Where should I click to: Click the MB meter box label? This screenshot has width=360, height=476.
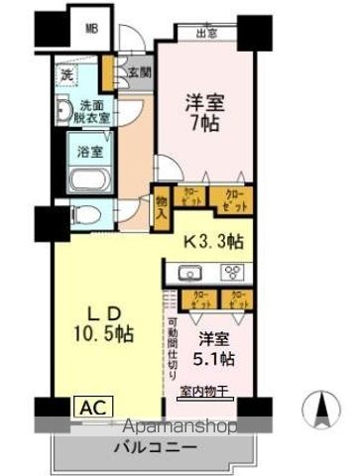[x=91, y=29]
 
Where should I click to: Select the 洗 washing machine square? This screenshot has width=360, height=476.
[x=67, y=75]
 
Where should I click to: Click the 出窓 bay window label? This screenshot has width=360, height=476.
[x=207, y=33]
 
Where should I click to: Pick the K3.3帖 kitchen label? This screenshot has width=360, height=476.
[x=213, y=241]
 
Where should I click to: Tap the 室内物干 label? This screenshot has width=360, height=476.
[x=211, y=392]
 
